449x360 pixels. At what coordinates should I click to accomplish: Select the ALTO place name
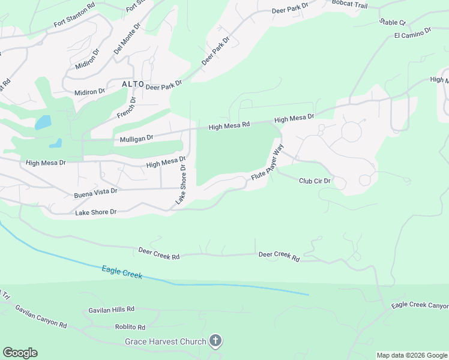pyautogui.click(x=133, y=84)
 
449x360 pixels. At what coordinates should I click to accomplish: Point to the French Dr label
pyautogui.click(x=127, y=107)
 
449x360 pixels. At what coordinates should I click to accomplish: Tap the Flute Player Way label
pyautogui.click(x=267, y=162)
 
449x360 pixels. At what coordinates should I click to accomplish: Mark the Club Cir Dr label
pyautogui.click(x=315, y=181)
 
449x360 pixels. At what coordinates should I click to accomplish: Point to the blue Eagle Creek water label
pyautogui.click(x=122, y=272)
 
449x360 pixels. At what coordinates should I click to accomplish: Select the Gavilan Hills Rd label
pyautogui.click(x=111, y=309)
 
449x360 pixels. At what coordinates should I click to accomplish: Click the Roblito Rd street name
pyautogui.click(x=130, y=327)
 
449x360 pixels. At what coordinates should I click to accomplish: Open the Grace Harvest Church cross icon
pyautogui.click(x=215, y=341)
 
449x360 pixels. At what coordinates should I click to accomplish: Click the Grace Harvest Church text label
pyautogui.click(x=165, y=342)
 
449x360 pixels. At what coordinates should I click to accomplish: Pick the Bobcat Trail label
pyautogui.click(x=350, y=4)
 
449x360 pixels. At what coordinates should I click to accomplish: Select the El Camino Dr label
pyautogui.click(x=413, y=32)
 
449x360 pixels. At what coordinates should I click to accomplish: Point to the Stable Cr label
pyautogui.click(x=393, y=22)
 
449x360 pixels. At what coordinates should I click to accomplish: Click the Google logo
pyautogui.click(x=20, y=353)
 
